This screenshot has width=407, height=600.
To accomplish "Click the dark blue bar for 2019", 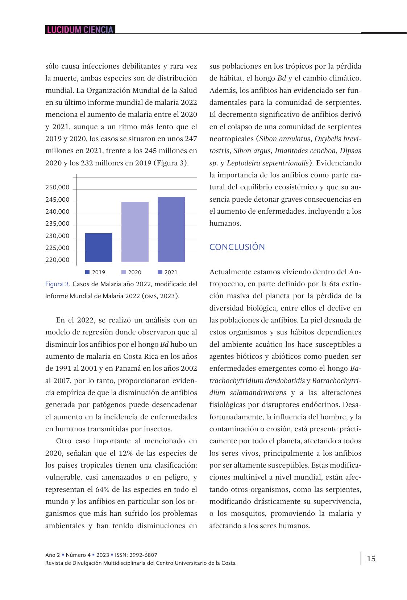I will click(x=99, y=247).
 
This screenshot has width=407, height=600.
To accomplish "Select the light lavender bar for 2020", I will click(x=135, y=232).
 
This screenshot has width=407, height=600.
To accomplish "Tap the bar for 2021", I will click(x=171, y=229).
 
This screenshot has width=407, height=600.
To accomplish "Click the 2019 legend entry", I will click(x=95, y=272).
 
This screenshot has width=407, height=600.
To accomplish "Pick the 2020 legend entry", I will click(x=132, y=272).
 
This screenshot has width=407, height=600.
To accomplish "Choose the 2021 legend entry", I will click(x=168, y=272).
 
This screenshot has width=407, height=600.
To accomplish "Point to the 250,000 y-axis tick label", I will click(x=57, y=188).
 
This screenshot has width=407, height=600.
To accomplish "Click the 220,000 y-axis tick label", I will click(x=57, y=260).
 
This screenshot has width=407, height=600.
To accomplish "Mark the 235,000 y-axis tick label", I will click(x=57, y=224).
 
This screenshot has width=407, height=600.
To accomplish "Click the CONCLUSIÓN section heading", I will click(x=237, y=247).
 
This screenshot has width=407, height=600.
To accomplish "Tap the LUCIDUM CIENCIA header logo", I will click(x=80, y=30).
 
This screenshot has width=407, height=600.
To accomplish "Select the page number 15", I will click(x=371, y=558).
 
